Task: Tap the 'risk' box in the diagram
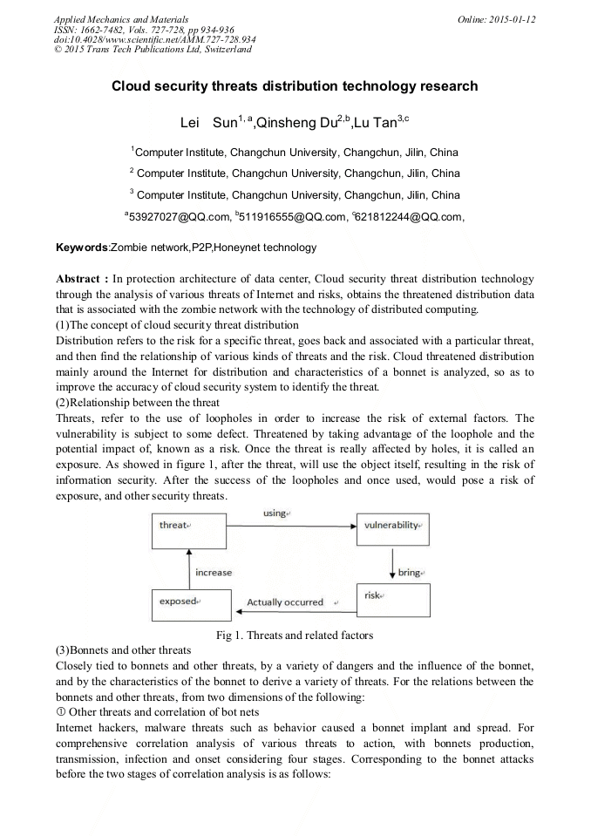point(392,600)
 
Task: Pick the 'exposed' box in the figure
point(191,604)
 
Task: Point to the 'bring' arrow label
point(410,573)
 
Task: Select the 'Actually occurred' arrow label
point(285,602)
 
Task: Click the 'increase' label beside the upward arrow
point(214,573)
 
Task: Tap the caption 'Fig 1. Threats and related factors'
point(295,635)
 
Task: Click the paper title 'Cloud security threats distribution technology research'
point(295,86)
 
